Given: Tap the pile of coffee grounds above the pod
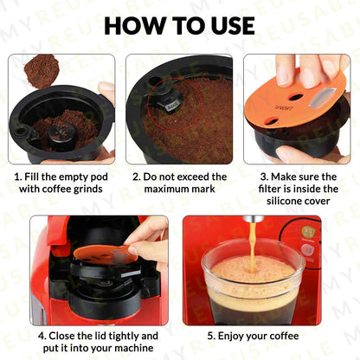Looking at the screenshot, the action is coord(41,71).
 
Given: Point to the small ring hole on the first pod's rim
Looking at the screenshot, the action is coord(22,132).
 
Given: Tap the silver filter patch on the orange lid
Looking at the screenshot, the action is coord(322,97).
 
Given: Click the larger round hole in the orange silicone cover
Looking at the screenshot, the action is coord(296,98).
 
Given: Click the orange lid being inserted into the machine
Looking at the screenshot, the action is coord(105,255).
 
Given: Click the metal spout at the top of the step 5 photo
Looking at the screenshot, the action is coord(254,219).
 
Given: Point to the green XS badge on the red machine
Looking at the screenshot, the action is coord(306,231).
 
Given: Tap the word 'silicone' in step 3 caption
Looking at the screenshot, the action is coord(284,201).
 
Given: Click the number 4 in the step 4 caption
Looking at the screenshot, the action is coord(42,336).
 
